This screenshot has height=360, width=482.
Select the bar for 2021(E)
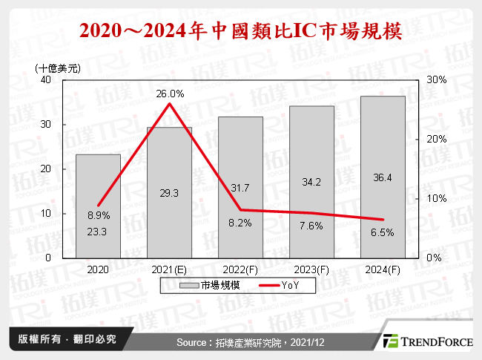click(x=169, y=192)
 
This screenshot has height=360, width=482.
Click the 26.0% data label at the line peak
click(x=169, y=94)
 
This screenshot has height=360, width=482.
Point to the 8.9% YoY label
click(x=98, y=215)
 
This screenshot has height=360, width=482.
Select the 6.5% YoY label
click(x=383, y=232)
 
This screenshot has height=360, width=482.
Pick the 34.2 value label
click(x=311, y=182)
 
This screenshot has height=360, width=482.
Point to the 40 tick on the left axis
click(x=46, y=79)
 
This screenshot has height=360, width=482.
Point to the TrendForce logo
click(x=428, y=341)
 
